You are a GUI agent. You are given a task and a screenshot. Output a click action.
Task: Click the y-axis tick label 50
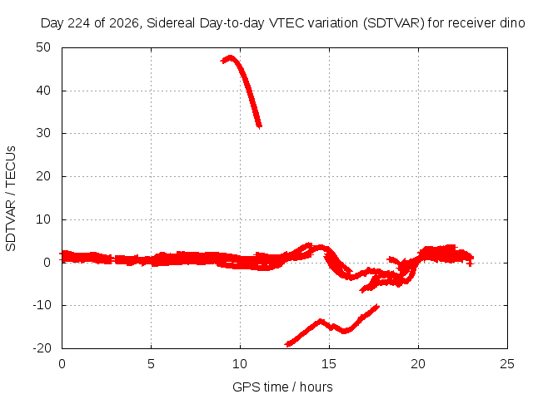tap(43, 47)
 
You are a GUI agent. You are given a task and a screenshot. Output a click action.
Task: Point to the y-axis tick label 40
tap(43, 91)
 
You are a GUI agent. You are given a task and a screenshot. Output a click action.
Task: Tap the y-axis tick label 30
tap(43, 133)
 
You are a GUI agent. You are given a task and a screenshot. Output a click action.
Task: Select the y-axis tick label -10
tap(42, 305)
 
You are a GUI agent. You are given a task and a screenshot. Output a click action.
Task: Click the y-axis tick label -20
tap(42, 348)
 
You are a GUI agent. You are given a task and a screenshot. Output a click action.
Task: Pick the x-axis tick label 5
tap(151, 364)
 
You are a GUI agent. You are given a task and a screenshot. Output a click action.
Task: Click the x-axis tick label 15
tap(329, 364)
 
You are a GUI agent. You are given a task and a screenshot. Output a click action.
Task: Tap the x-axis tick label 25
tap(507, 364)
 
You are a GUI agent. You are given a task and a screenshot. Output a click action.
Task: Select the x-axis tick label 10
tap(240, 364)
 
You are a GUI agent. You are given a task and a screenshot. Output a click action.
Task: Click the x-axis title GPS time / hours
tap(282, 387)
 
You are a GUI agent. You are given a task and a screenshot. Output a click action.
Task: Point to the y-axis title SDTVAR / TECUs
tap(11, 199)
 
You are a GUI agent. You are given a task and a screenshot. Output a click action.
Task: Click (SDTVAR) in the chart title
tap(394, 23)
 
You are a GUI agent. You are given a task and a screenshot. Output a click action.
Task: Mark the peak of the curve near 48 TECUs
tap(231, 57)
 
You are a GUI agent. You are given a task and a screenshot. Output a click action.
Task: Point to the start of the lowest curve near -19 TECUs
tap(287, 344)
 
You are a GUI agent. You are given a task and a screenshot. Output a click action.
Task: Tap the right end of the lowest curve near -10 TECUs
tap(377, 307)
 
